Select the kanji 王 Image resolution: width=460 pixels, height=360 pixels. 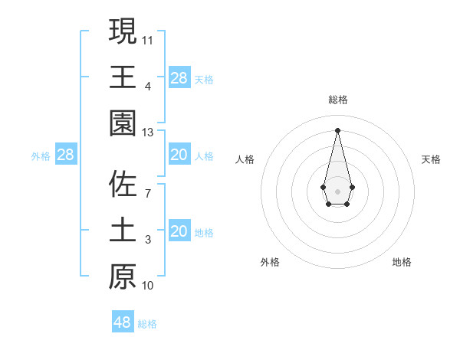tap(123, 77)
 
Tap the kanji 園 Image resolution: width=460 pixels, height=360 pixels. tap(123, 123)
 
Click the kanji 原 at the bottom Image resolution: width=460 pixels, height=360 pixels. tap(123, 277)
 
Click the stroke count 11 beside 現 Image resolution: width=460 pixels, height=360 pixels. tap(148, 39)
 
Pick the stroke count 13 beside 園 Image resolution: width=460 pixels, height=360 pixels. tap(148, 133)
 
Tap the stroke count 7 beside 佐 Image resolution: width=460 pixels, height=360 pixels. tap(148, 193)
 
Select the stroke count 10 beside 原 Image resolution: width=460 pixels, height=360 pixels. tap(148, 286)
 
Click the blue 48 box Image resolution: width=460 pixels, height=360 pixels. tap(123, 322)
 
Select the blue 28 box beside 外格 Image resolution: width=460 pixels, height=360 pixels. tap(65, 155)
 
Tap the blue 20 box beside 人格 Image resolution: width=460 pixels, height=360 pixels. tap(179, 155)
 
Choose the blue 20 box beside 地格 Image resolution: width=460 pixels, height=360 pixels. tap(179, 231)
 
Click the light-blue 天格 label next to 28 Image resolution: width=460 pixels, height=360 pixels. tap(204, 80)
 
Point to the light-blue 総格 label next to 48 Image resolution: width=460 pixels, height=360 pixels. tap(147, 324)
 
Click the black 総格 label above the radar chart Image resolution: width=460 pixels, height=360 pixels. tap(337, 100)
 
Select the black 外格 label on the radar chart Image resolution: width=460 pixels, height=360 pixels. tap(270, 262)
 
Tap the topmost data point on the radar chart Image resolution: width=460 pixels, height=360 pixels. tap(337, 129)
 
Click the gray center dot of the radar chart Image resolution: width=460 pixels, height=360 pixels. tap(337, 191)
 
